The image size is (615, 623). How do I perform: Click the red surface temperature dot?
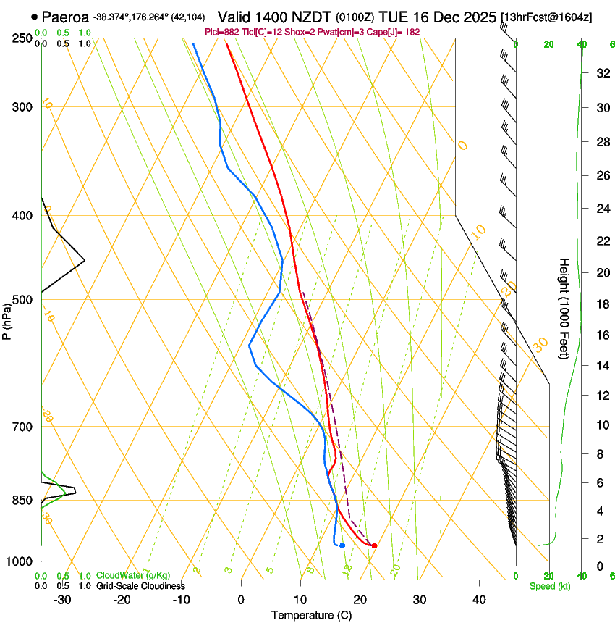pos(373,545)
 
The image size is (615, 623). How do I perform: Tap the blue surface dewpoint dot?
pos(342,545)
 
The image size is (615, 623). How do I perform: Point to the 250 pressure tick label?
pos(22,38)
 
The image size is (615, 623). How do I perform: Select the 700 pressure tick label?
pos(22,427)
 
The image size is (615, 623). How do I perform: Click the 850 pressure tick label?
pos(22,501)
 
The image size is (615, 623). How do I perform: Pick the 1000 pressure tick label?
pos(20,561)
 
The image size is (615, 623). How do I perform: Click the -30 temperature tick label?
pos(62,600)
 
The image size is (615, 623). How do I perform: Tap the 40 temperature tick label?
pos(479,600)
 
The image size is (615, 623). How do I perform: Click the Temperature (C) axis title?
pos(311,615)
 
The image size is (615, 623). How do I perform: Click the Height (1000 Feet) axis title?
pos(565,308)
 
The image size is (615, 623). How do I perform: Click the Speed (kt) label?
pos(549,586)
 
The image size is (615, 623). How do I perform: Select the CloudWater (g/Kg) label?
pos(133,575)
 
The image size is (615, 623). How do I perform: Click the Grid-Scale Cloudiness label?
pos(140,586)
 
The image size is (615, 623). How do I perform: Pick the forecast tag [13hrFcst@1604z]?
pos(546,17)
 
